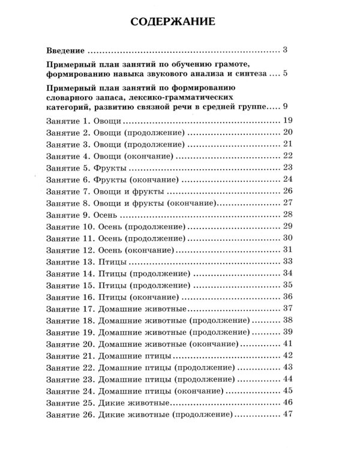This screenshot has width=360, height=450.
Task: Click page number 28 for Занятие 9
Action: (286, 214)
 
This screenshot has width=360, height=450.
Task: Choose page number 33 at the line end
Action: (286, 260)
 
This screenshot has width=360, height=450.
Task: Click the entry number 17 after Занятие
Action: (89, 308)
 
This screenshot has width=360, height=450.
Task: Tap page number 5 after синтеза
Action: (287, 74)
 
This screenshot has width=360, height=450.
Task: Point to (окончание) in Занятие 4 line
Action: (149, 155)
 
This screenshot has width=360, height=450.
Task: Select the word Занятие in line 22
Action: (62, 367)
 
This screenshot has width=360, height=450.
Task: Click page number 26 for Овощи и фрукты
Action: (286, 191)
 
